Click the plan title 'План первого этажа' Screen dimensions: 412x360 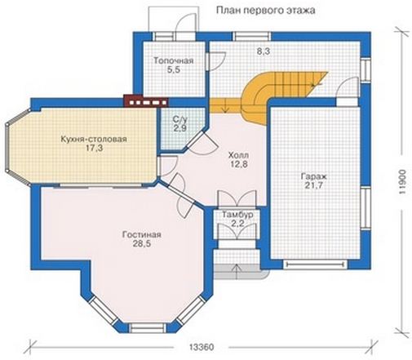[x=266, y=11]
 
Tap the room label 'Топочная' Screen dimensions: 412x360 [x=174, y=60]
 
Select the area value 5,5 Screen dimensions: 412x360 [x=174, y=70]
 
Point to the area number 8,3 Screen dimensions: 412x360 [x=264, y=51]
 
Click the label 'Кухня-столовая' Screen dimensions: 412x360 [x=94, y=139]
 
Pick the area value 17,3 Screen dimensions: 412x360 [x=95, y=149]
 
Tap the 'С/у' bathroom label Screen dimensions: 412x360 [x=180, y=119]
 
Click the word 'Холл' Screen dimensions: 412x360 [x=238, y=155]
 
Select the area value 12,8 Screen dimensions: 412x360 [x=238, y=164]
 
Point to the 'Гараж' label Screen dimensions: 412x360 [x=313, y=176]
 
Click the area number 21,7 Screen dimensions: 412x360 [x=313, y=185]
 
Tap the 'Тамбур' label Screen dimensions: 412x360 [x=238, y=215]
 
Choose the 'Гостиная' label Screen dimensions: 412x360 [x=142, y=234]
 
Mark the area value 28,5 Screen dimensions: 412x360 [x=142, y=244]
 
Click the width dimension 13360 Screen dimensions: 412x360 [x=202, y=348]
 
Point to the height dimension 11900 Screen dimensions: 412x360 [x=402, y=183]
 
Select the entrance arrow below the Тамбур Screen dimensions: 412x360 [x=237, y=271]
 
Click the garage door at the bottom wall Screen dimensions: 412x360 [x=315, y=264]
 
